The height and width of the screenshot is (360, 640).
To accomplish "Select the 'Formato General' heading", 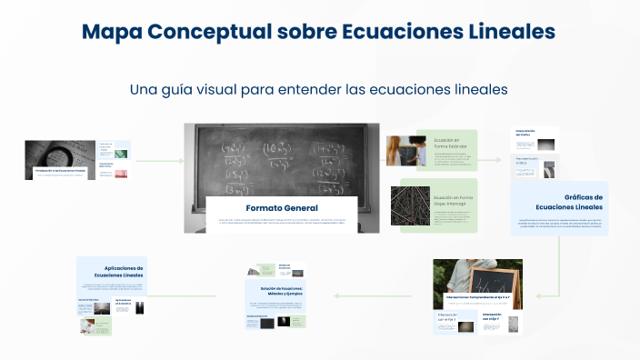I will click(x=281, y=208).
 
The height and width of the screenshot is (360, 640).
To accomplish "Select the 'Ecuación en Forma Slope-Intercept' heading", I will click(x=453, y=201).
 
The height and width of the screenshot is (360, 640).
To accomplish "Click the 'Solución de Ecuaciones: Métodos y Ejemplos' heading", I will click(x=275, y=290).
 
